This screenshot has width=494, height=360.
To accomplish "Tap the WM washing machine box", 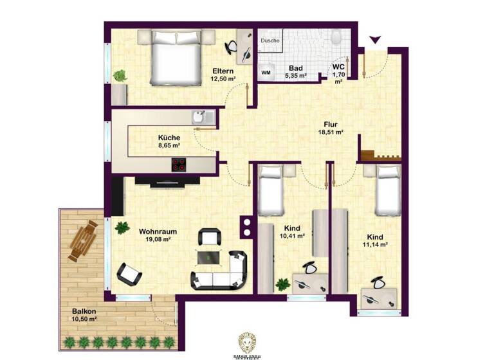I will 266,73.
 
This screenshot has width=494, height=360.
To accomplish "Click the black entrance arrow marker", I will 375,40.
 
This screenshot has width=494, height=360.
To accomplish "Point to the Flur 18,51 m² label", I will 331,129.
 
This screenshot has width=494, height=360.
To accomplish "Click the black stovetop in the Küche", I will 179,165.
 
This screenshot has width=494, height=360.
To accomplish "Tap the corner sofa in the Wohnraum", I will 222,271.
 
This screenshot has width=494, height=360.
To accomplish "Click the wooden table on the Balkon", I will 82,240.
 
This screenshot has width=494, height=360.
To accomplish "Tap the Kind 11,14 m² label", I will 376,240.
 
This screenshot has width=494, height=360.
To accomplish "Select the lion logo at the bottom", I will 246,342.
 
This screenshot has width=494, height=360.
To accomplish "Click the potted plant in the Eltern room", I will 120,76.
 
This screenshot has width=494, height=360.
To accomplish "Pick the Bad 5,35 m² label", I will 296,71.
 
